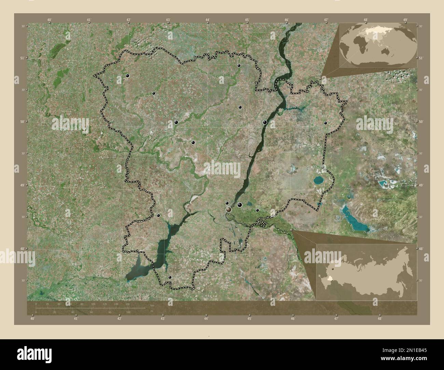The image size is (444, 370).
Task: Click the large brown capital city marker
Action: pos(228,210)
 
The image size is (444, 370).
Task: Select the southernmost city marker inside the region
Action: pos(170,277)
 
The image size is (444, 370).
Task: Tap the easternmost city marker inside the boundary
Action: pos(325,123)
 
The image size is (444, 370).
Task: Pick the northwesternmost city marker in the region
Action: pos(127,75)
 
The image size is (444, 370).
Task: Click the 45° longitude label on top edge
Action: pos(247,20)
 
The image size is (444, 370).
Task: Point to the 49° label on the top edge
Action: pos(405,20)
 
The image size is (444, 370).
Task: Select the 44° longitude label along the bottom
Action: pos(206,319)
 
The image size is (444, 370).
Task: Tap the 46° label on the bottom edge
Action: pos(293,319)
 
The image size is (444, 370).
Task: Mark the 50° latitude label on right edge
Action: pos(421,122)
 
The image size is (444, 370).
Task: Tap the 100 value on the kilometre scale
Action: pos(93,304)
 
